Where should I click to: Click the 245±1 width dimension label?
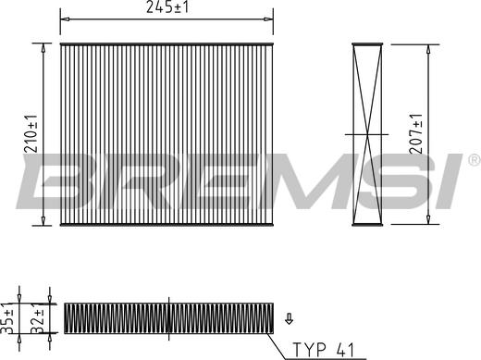coord(166,8)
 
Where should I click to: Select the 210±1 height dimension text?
coord(32,132)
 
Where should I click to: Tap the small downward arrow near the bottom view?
coord(289,319)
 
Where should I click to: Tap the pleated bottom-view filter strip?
coord(169,317)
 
